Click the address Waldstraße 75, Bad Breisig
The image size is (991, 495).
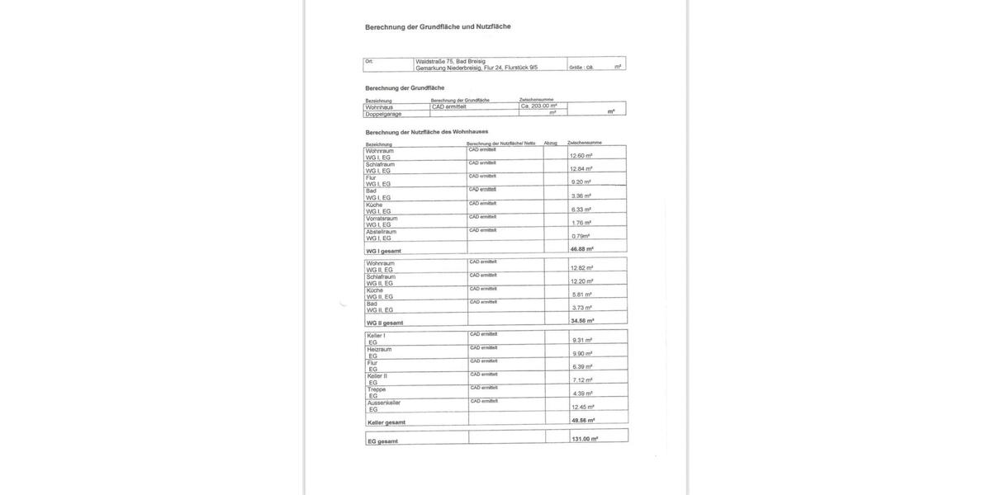451,61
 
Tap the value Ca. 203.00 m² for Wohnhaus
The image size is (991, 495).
538,106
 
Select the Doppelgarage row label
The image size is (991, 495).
384,114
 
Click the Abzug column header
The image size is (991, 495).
551,143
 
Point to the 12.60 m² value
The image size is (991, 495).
581,155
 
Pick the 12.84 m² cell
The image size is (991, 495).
581,169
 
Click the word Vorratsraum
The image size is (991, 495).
382,218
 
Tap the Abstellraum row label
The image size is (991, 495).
382,232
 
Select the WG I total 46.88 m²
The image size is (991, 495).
581,248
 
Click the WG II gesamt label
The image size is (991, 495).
385,323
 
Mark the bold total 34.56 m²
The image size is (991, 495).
582,320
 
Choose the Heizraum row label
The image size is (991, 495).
379,349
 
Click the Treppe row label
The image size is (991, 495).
377,389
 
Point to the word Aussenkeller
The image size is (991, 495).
384,403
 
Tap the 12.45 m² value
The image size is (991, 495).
583,407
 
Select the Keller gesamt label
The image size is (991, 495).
386,422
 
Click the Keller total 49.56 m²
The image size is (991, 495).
583,420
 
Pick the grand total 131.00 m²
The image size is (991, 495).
585,439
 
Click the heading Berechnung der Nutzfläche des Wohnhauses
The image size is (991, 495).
426,131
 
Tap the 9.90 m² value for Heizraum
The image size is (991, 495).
582,353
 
